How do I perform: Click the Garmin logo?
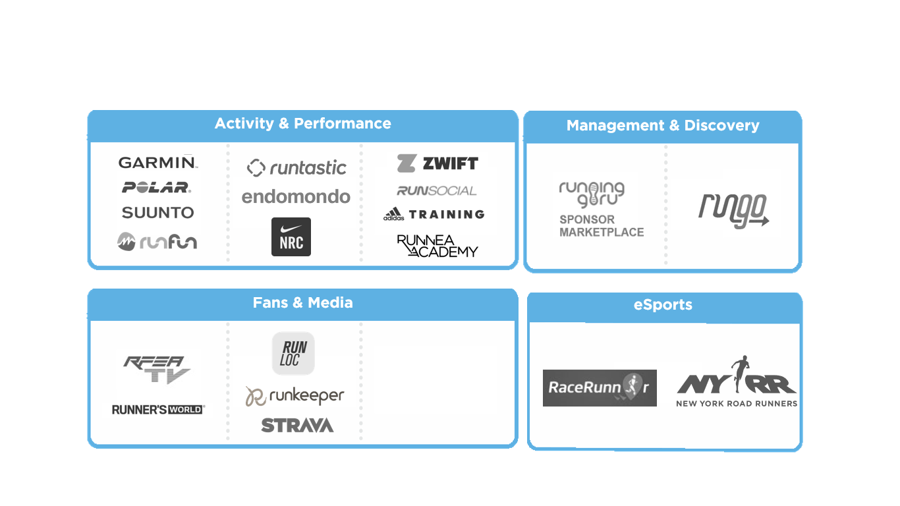click(157, 162)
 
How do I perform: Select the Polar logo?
click(157, 188)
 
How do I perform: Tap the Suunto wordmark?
click(157, 213)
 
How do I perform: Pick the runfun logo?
click(157, 242)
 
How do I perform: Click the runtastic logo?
click(296, 167)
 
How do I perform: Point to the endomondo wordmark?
click(296, 196)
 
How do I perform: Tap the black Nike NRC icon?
click(291, 237)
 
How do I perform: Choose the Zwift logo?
click(437, 163)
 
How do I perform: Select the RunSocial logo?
click(436, 190)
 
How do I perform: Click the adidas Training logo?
click(434, 214)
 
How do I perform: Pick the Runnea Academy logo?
click(437, 245)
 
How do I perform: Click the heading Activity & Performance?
click(302, 124)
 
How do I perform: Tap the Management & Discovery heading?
click(663, 126)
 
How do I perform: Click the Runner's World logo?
click(158, 410)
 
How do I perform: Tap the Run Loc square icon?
click(294, 353)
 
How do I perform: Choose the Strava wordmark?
click(297, 426)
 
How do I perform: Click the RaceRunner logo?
click(600, 387)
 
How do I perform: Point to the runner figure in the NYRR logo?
click(739, 373)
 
